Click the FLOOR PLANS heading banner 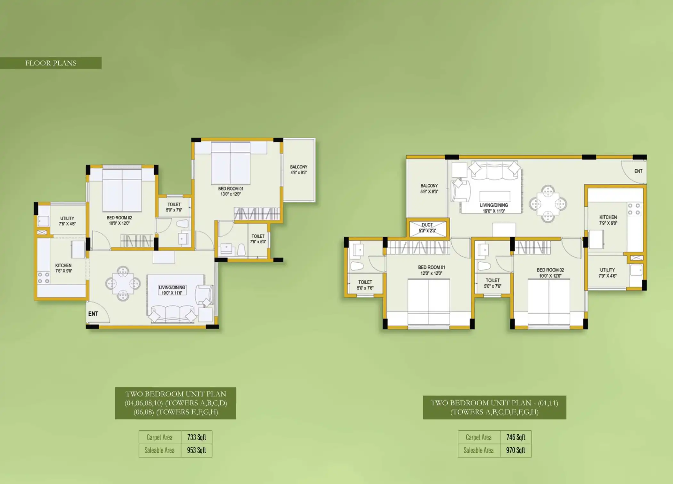51,63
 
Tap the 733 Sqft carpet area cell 197,437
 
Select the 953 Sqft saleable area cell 197,450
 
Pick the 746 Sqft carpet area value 515,437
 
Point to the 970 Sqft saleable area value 515,450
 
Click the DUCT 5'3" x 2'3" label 427,228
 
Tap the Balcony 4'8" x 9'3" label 299,170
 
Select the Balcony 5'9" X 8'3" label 429,189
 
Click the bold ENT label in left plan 93,314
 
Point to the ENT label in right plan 638,171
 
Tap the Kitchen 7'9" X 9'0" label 608,220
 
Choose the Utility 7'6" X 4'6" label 67,221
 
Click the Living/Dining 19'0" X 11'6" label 172,290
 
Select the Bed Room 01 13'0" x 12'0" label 231,191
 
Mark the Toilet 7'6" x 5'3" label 258,239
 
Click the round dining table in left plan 123,284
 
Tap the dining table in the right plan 548,204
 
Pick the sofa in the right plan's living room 495,171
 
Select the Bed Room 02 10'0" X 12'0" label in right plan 550,273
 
